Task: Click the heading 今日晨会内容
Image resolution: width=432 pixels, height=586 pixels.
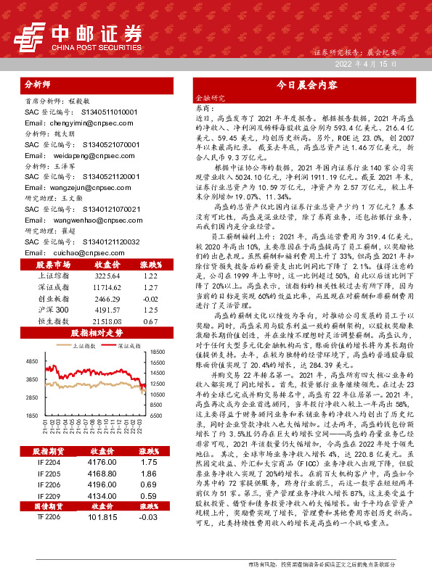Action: pyautogui.click(x=309, y=84)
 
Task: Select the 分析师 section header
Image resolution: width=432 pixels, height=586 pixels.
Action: pyautogui.click(x=38, y=84)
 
